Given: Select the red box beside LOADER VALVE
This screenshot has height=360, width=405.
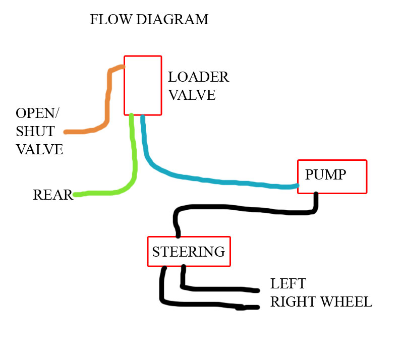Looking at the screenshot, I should pyautogui.click(x=143, y=85).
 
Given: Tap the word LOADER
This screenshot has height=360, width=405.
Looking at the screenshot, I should pyautogui.click(x=198, y=77).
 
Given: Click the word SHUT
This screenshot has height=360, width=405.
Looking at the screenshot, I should pyautogui.click(x=35, y=132).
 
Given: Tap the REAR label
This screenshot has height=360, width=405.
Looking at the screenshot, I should pyautogui.click(x=52, y=195).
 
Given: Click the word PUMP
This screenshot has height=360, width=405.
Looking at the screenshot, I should pyautogui.click(x=325, y=175).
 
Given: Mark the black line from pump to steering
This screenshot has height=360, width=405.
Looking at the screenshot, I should pyautogui.click(x=242, y=209).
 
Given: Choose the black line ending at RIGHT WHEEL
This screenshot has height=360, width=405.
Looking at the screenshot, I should pyautogui.click(x=202, y=304).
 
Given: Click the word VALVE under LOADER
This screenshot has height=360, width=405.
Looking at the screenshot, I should pyautogui.click(x=192, y=95).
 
